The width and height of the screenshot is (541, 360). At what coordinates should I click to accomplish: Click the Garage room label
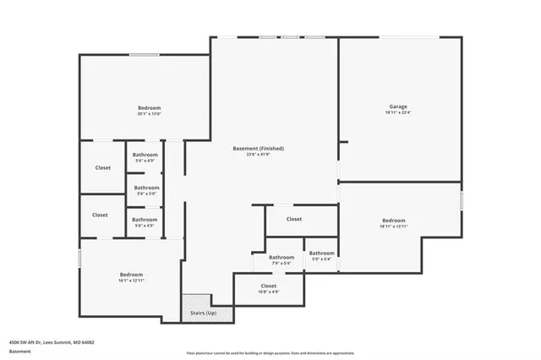398,106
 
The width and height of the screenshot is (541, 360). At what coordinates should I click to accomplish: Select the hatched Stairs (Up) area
196,308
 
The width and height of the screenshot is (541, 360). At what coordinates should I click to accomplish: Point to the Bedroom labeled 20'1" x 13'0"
149,107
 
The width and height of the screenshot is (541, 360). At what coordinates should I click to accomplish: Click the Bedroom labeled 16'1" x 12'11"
131,275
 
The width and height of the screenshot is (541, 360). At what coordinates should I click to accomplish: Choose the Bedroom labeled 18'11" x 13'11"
393,221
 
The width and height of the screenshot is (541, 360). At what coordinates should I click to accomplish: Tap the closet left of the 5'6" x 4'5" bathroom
100,215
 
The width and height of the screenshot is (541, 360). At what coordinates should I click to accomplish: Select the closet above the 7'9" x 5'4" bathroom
293,219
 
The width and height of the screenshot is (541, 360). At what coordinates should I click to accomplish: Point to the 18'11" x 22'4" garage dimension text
398,112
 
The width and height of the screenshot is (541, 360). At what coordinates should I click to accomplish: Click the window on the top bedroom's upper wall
144,55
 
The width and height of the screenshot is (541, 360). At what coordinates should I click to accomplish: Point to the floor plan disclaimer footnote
269,352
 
